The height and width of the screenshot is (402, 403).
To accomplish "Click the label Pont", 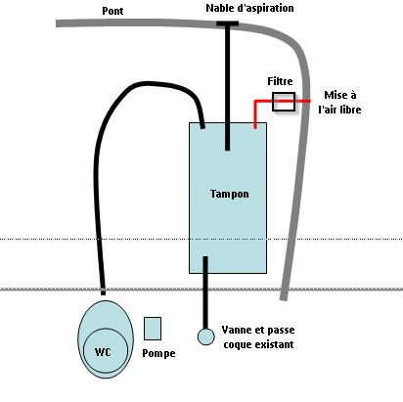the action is (x=112, y=11).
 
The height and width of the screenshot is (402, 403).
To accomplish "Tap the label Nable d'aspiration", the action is (x=249, y=8).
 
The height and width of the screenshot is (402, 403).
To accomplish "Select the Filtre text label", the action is (x=280, y=81).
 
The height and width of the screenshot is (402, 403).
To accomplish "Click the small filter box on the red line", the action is (x=284, y=102).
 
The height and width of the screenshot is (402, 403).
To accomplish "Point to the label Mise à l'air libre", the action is (x=339, y=102).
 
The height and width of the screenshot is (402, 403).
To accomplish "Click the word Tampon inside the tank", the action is (x=230, y=194).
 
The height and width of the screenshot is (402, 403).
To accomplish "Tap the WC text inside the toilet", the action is (x=103, y=352).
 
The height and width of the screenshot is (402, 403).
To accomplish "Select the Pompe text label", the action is (x=158, y=353).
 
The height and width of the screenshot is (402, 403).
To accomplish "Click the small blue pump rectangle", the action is (x=153, y=329).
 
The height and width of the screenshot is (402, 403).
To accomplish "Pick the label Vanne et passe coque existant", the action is (x=258, y=337).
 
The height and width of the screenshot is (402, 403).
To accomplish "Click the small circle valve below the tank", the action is (x=206, y=336).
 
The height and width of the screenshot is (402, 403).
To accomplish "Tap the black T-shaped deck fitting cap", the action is (x=228, y=23).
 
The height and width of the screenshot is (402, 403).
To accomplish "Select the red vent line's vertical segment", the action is (x=255, y=114).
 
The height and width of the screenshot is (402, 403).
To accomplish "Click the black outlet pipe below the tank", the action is (x=205, y=292).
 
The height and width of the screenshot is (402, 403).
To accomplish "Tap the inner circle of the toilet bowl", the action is (x=106, y=351).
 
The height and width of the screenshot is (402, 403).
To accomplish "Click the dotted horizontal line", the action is (x=201, y=239).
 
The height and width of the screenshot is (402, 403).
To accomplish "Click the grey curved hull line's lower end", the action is (x=284, y=299).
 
